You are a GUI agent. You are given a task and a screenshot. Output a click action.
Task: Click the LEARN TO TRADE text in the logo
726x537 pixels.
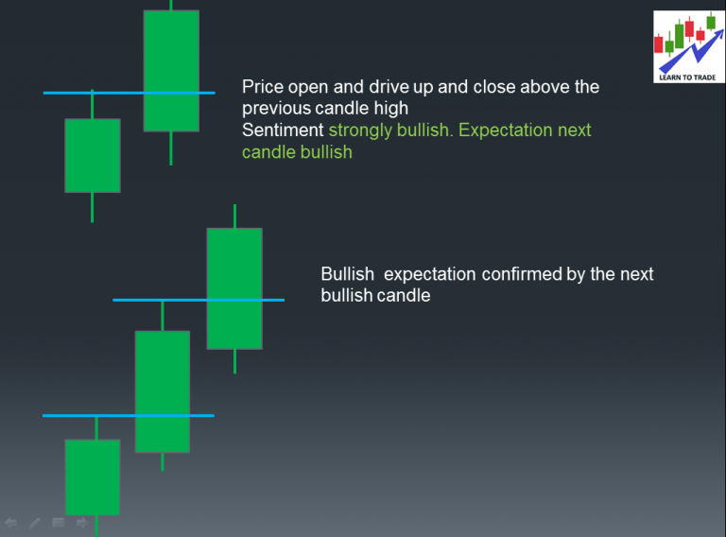(x=688, y=76)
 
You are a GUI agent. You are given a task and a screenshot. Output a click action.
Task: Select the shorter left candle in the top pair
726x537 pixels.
(x=92, y=155)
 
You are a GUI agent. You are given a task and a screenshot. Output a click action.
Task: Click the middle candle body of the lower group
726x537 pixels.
(x=163, y=390)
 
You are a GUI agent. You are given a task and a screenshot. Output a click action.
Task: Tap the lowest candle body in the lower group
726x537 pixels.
(x=92, y=476)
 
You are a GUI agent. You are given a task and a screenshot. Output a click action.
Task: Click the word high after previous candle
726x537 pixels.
(x=389, y=108)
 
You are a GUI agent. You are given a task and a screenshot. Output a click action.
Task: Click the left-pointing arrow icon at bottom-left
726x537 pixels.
(x=11, y=522)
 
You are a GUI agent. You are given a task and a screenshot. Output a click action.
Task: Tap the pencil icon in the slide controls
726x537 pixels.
(x=35, y=522)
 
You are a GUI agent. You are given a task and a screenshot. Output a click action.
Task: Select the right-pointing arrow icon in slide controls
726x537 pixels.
(x=82, y=522)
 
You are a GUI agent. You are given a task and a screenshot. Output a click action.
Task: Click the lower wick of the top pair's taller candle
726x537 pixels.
(x=171, y=147)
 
